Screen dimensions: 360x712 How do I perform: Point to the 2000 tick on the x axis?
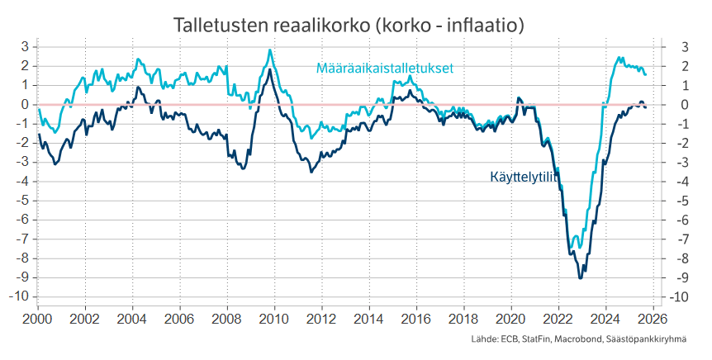38,318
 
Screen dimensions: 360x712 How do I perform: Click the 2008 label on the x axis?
227,318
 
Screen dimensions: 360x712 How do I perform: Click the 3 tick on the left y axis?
26,46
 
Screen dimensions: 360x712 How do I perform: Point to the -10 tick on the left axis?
22,296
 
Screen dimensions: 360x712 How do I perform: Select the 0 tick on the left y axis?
26,104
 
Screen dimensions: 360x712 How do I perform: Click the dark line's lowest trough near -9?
581,278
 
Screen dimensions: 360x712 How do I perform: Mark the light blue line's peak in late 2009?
270,50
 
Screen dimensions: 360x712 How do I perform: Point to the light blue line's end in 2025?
646,75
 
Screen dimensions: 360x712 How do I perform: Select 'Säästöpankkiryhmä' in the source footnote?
647,340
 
